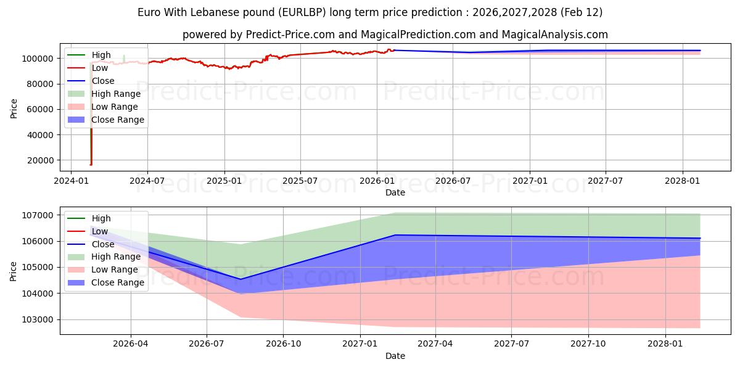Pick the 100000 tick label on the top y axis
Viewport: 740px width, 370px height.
pos(38,58)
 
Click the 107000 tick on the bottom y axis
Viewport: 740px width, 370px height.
pos(38,215)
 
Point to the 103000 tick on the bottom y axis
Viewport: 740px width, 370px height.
pos(38,319)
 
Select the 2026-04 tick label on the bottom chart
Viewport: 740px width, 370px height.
pos(131,343)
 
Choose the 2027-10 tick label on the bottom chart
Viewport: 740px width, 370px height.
pos(588,343)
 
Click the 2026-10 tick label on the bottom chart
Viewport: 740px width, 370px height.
pos(283,343)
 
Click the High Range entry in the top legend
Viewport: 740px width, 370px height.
pos(116,94)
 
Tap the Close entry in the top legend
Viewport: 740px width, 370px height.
pos(103,81)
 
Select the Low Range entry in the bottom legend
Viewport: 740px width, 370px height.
pos(115,269)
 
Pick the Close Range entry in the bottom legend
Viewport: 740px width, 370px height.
pos(118,282)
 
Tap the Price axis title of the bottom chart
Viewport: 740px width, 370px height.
pos(14,271)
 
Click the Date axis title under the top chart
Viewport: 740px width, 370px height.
pos(395,192)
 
